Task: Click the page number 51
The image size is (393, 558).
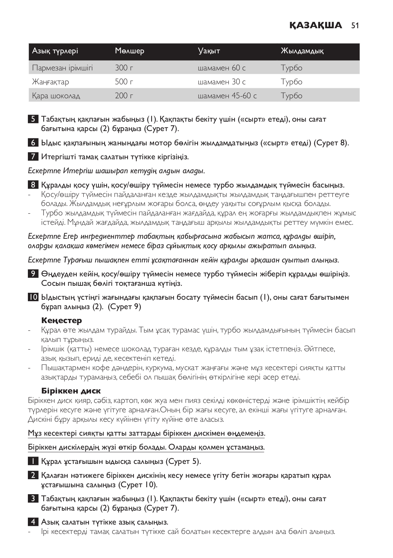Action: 355,25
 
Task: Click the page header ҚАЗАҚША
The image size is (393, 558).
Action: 316,25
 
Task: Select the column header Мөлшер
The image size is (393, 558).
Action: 129,51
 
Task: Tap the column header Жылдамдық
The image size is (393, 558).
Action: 302,51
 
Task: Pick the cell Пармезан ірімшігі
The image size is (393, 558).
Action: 62,68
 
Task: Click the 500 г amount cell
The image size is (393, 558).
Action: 124,82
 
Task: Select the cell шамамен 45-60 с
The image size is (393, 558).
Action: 227,96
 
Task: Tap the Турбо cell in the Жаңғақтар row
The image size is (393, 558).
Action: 291,82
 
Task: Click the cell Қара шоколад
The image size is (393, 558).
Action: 56,96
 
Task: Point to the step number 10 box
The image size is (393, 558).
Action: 33,297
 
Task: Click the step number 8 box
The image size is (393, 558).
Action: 33,185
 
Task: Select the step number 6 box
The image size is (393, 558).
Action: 33,143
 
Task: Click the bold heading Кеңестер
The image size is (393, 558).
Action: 61,320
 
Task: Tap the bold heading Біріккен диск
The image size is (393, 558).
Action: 71,391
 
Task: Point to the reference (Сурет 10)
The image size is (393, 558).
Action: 138,485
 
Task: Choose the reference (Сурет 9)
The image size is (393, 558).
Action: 125,307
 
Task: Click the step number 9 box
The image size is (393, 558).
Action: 33,274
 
